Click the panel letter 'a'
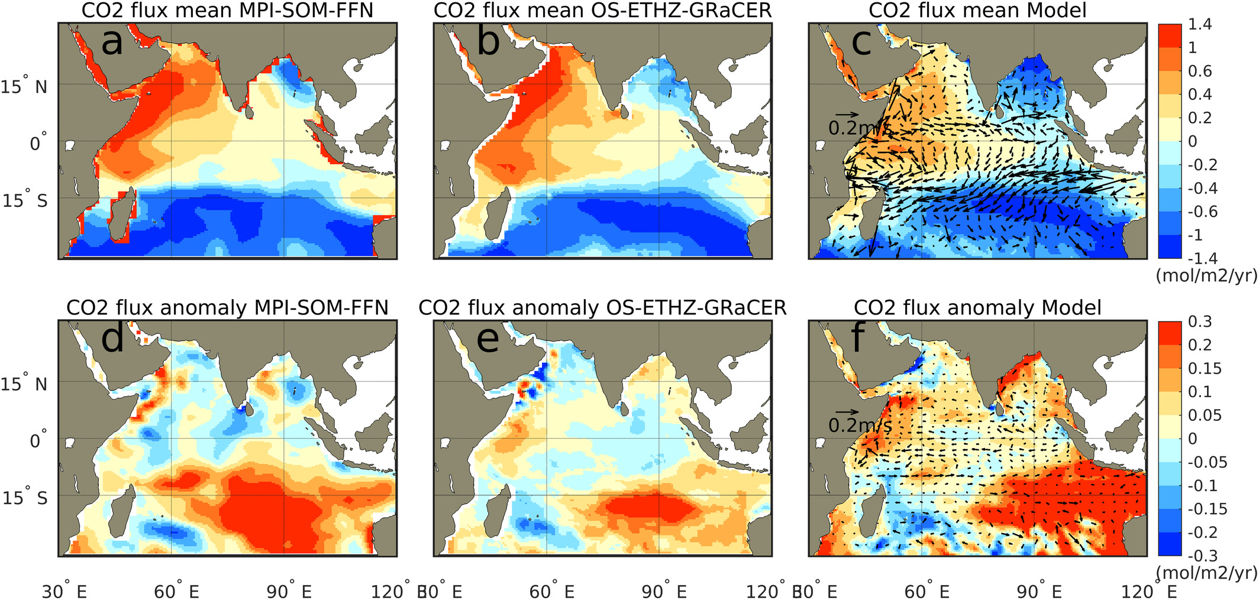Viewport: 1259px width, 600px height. click(112, 43)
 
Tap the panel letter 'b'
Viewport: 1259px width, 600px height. click(488, 43)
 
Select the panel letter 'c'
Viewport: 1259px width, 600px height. click(861, 43)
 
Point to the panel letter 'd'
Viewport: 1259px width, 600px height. click(112, 339)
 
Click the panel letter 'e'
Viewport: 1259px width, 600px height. click(488, 340)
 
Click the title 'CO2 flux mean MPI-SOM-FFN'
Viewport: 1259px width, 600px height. click(227, 11)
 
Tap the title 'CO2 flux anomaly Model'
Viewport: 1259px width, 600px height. click(977, 308)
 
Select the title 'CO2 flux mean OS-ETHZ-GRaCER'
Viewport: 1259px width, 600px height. click(602, 11)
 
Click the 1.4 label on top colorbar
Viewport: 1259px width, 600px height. click(1200, 24)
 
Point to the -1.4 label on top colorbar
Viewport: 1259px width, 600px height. click(1202, 258)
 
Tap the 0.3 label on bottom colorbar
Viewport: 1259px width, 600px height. click(1200, 322)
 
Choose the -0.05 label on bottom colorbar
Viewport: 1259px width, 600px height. click(1207, 462)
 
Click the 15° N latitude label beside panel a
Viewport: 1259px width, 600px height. click(24, 87)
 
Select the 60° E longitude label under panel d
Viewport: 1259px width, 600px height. click(176, 591)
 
